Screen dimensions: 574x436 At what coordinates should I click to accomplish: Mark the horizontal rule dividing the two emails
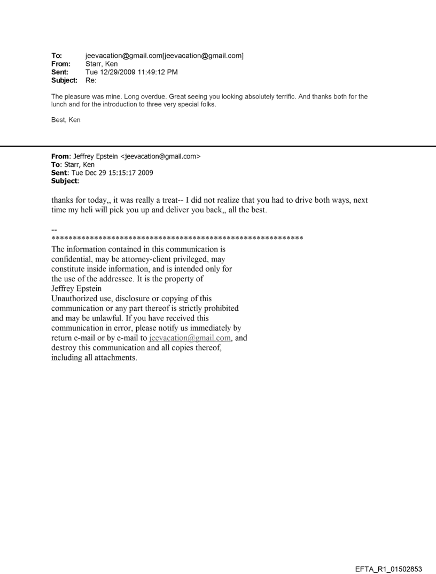point(218,146)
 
